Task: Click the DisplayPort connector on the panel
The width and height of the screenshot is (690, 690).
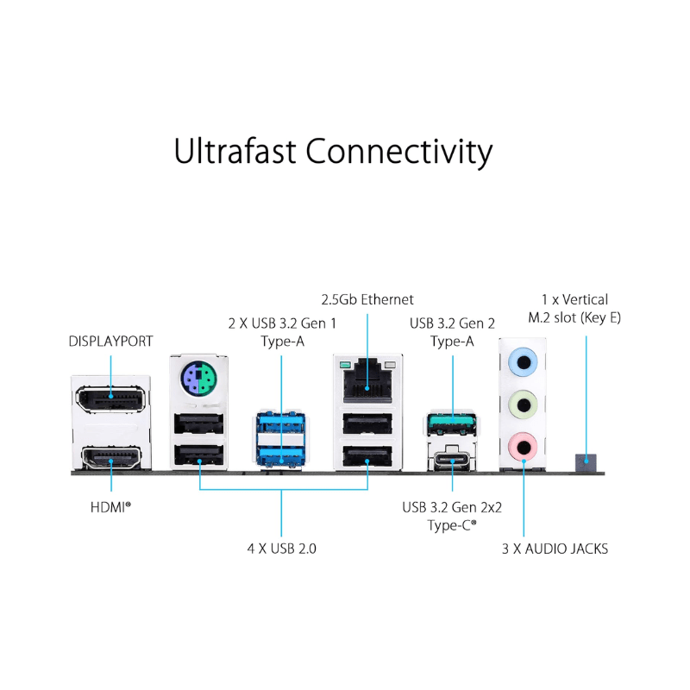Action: (111, 398)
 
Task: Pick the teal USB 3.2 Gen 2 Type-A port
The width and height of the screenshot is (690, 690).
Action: (452, 423)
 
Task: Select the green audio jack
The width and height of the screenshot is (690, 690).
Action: (523, 402)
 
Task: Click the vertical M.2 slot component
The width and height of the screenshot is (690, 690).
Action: (586, 463)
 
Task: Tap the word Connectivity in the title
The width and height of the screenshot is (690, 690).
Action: (399, 151)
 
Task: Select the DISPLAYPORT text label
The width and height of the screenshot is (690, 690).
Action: (110, 342)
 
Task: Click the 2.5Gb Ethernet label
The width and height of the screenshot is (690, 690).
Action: (367, 299)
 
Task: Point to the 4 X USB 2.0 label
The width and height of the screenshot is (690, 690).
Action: (282, 548)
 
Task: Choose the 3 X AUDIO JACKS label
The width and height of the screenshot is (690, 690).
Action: (555, 549)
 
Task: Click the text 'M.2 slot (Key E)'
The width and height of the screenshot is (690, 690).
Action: (574, 317)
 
